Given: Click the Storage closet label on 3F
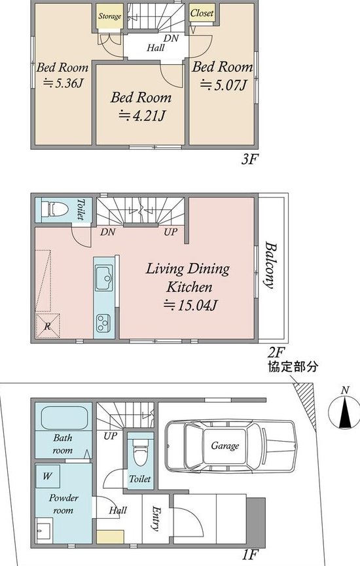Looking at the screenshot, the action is [x=110, y=16].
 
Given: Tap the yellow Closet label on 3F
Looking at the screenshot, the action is [x=202, y=13].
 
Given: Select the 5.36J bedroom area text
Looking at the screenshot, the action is [x=63, y=83].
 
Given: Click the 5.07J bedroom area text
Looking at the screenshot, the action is [x=224, y=85].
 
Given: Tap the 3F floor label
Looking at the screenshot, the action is [x=250, y=160].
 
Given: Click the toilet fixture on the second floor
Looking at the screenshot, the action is [x=55, y=209].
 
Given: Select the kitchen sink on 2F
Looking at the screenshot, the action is [x=104, y=277].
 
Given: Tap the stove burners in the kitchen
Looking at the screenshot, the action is [x=103, y=323].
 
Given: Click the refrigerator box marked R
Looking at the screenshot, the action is [x=48, y=326].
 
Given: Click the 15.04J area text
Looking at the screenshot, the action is [x=190, y=306].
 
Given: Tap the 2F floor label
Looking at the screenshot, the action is [x=277, y=351].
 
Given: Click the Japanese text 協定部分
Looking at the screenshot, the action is [x=293, y=367].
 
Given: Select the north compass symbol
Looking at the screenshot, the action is [x=345, y=410].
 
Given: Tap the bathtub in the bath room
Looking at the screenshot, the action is [x=65, y=418].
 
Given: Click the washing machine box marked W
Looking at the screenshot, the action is [x=48, y=476].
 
